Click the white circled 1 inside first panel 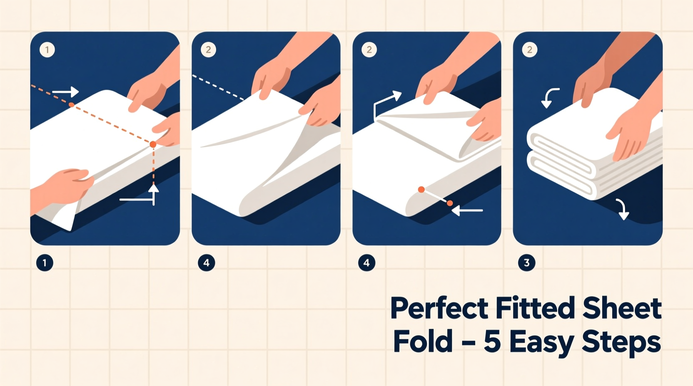pyautogui.click(x=47, y=50)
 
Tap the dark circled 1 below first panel pyautogui.click(x=45, y=263)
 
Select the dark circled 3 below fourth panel pyautogui.click(x=526, y=263)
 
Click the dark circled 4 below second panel pyautogui.click(x=206, y=263)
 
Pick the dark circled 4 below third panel pyautogui.click(x=366, y=263)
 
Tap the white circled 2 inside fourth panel pyautogui.click(x=529, y=50)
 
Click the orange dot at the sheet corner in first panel pyautogui.click(x=153, y=144)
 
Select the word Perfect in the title pyautogui.click(x=439, y=309)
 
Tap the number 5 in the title pyautogui.click(x=492, y=342)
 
